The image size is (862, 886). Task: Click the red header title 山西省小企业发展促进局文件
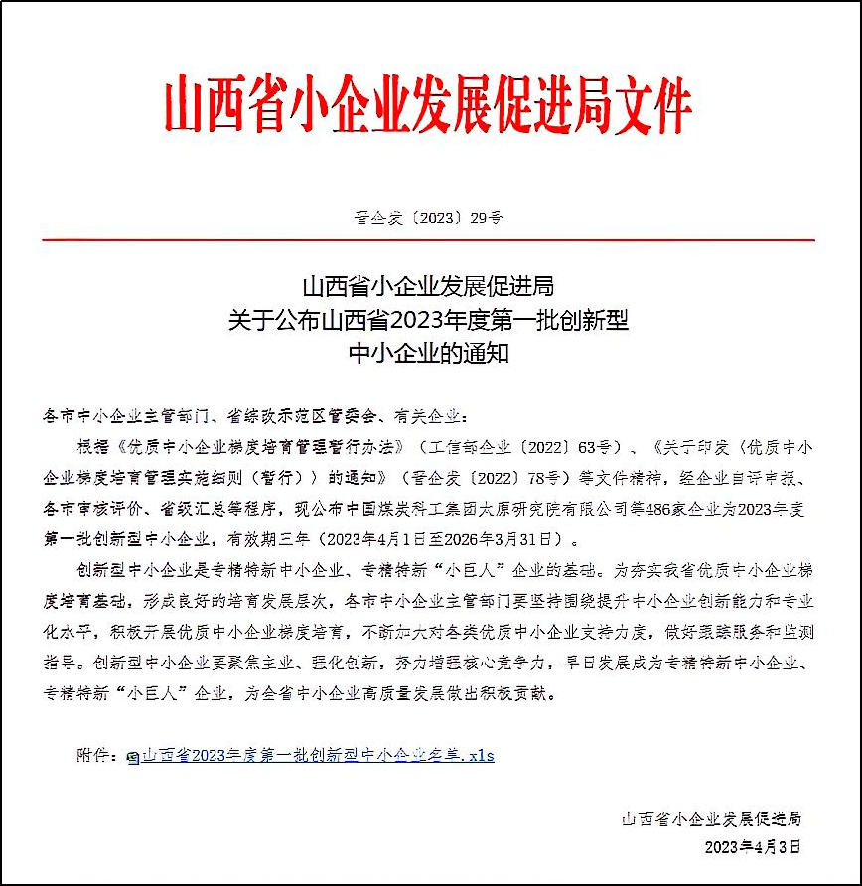(428, 102)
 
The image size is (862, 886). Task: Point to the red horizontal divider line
(428, 240)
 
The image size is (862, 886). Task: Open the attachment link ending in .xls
(317, 755)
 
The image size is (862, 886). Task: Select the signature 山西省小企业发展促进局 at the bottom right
(711, 819)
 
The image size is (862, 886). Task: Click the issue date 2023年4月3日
(752, 847)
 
